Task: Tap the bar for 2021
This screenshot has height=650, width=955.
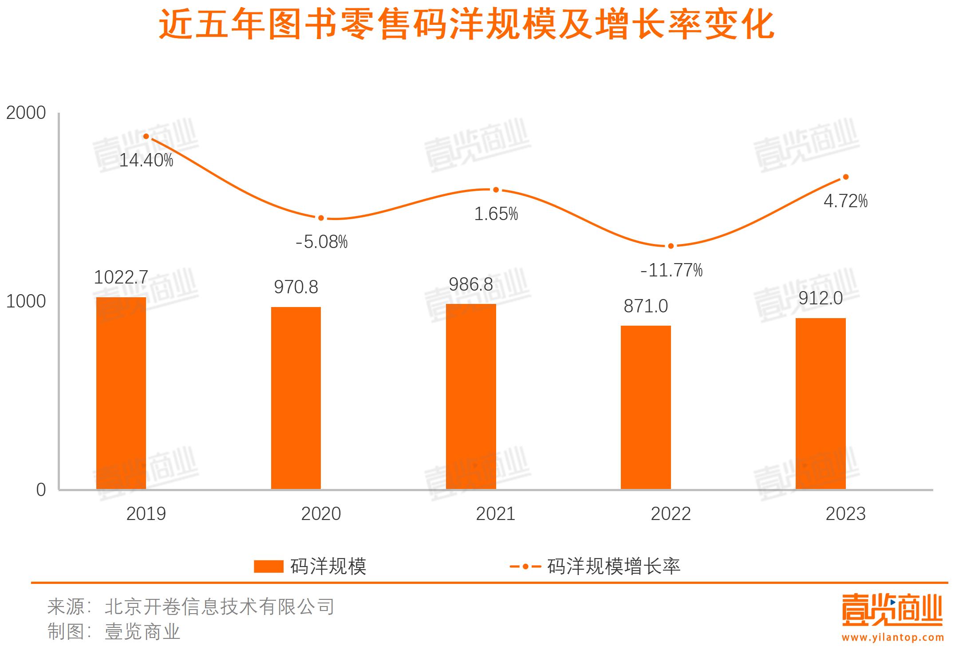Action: click(x=471, y=397)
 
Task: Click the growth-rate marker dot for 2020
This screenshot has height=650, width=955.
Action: click(x=321, y=218)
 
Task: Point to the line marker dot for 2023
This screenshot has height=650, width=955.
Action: click(x=845, y=177)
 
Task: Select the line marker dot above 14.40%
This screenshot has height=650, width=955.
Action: click(x=146, y=137)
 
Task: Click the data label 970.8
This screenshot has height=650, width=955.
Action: click(x=296, y=287)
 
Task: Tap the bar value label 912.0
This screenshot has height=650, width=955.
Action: click(x=821, y=298)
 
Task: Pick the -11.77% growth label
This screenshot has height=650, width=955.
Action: click(x=671, y=270)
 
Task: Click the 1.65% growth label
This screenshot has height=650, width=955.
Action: click(x=496, y=214)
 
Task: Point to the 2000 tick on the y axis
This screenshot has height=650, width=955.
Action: click(x=26, y=113)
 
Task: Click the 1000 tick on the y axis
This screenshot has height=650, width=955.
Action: click(x=26, y=301)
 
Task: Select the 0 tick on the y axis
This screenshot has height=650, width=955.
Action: click(x=41, y=490)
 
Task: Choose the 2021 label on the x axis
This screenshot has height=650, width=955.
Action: click(x=496, y=514)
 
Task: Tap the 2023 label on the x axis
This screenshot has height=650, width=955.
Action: click(x=845, y=514)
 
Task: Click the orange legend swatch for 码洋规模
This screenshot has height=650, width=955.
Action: click(x=268, y=566)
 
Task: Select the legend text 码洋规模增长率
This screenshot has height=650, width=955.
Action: click(x=614, y=566)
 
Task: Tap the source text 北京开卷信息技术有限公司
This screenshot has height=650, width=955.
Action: click(x=220, y=607)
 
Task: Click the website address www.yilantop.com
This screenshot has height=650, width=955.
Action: click(x=893, y=638)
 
